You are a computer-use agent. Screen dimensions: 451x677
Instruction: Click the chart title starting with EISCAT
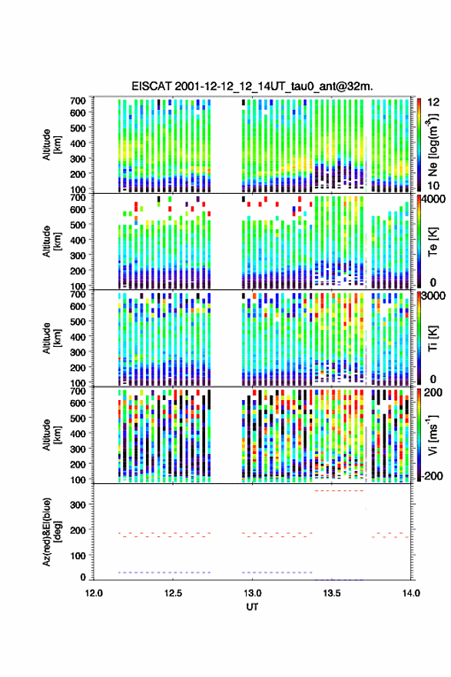click(252, 86)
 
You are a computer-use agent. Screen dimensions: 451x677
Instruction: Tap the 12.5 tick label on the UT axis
click(173, 593)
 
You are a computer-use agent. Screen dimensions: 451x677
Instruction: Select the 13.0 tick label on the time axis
click(252, 593)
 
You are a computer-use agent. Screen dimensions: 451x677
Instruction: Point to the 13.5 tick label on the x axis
click(332, 593)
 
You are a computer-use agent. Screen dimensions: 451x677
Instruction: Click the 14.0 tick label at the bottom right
click(411, 593)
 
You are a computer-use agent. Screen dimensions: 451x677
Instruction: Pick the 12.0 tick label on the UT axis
click(94, 593)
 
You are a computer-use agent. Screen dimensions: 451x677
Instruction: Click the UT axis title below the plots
click(252, 607)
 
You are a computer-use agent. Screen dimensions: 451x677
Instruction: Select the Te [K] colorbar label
click(433, 242)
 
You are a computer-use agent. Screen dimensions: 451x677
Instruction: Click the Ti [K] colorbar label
click(433, 338)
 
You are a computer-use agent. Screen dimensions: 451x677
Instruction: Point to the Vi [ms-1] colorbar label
click(433, 435)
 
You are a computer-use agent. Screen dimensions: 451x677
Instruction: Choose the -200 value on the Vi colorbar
click(431, 475)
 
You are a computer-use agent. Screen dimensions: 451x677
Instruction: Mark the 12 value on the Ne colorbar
click(434, 102)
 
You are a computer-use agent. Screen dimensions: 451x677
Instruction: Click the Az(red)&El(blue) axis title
click(51, 532)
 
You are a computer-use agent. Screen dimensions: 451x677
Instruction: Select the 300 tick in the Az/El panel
click(78, 505)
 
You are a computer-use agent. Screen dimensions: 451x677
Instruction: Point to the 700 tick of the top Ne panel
click(78, 101)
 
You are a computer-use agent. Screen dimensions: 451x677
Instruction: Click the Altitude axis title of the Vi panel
click(51, 435)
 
